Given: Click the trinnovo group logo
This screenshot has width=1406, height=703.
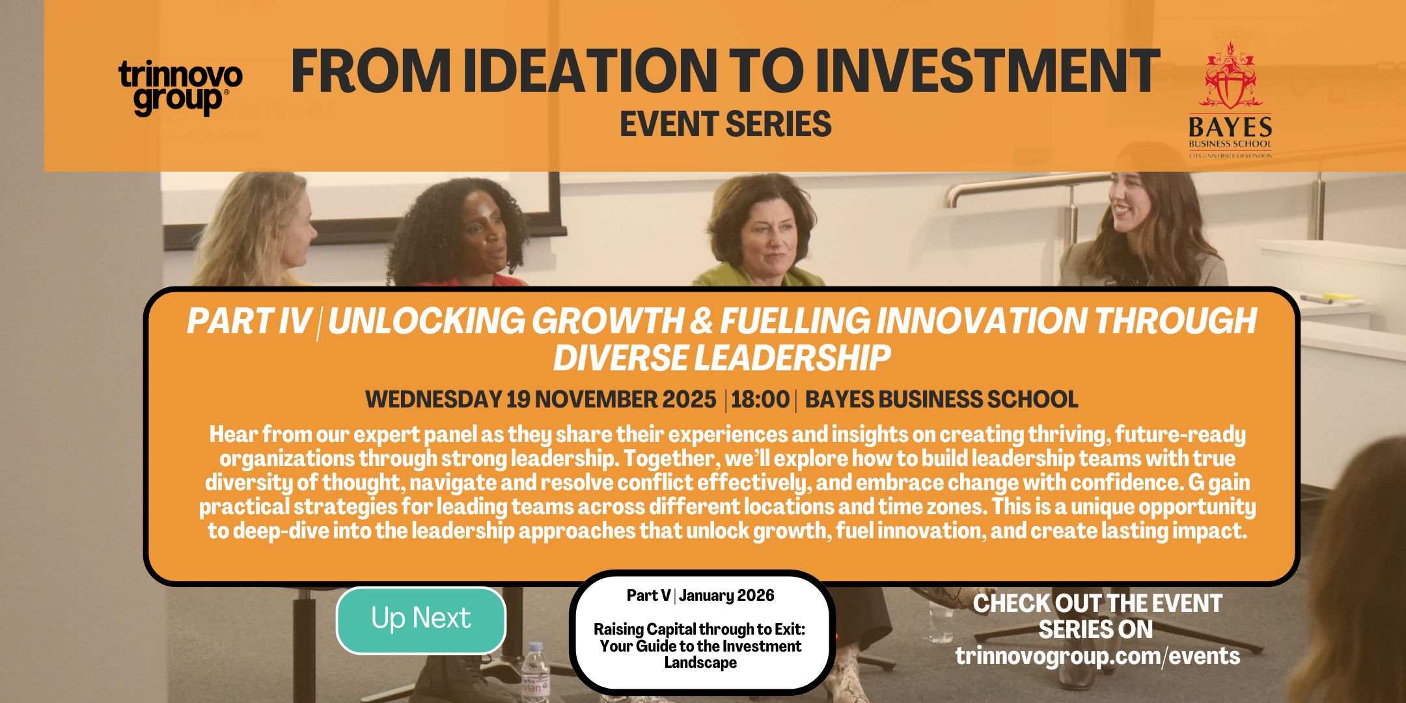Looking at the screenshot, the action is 180,88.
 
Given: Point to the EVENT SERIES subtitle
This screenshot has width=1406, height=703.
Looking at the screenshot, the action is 725,124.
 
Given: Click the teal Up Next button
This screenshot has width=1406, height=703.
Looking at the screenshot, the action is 421,620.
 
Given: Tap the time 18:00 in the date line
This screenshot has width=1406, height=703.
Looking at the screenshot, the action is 760,399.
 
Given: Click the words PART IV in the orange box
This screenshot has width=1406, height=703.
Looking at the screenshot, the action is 249,321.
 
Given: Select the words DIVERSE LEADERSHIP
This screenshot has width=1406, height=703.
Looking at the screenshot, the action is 722,358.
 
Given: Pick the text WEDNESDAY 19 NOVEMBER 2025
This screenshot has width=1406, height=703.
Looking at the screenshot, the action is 540,399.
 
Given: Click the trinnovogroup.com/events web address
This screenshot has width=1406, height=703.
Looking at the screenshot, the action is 1097,656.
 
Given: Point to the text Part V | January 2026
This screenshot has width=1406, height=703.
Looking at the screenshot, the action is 700,596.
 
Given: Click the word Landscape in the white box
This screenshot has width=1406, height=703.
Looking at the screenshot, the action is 700,663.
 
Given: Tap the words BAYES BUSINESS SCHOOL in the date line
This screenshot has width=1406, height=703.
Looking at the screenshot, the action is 941,399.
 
